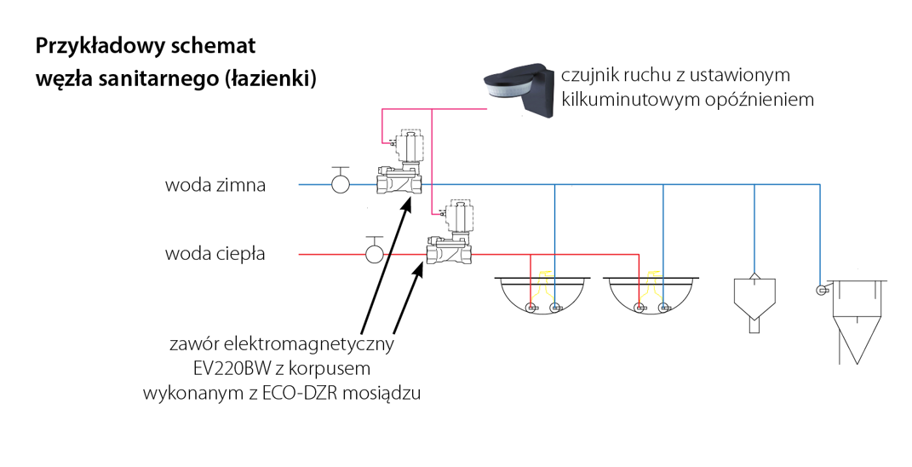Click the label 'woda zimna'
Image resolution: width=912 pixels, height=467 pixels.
(215, 185)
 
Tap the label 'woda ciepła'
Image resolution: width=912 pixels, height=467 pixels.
(215, 253)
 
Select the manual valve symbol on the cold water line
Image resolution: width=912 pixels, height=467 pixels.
(341, 182)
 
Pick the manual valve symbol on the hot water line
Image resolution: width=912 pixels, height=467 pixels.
(373, 252)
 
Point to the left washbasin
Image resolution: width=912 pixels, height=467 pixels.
(542, 298)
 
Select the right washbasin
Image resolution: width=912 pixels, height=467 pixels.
(651, 298)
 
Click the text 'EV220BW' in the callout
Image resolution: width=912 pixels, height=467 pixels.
(222, 370)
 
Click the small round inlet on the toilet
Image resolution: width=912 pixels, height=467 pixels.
(820, 290)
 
